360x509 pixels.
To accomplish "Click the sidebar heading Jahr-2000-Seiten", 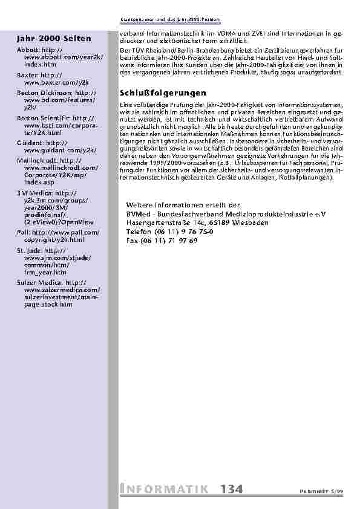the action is tap(54, 39).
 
